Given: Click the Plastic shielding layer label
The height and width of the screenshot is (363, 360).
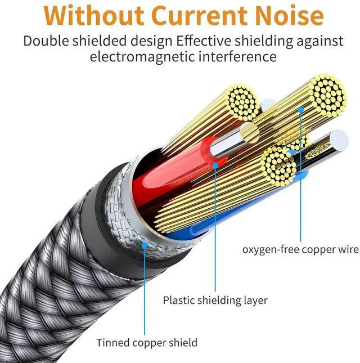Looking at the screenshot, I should point(215,300).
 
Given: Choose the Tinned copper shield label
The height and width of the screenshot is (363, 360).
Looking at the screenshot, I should point(147,342).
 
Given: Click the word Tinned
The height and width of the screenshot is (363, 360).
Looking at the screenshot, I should point(113,342).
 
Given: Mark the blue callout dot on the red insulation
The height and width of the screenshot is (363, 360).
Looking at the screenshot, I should point(215,164).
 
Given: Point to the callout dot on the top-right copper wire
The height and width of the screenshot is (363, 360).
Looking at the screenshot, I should point(301,110).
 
